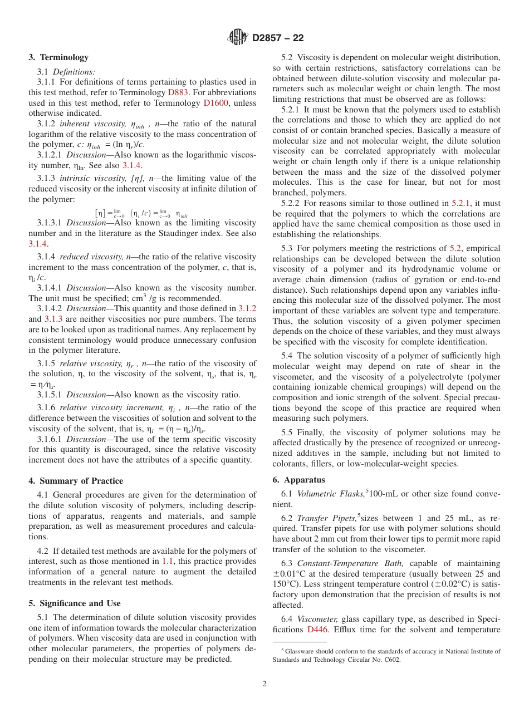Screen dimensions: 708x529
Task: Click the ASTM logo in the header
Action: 238,38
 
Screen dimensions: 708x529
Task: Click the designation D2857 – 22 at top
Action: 278,38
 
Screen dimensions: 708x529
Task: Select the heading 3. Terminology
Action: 58,57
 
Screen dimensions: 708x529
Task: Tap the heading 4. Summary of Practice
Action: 76,481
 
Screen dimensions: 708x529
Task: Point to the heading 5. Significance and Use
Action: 75,603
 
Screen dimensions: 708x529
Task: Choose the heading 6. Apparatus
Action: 298,480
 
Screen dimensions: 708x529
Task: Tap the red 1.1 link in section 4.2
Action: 168,562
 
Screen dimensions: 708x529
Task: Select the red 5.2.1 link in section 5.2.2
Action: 461,203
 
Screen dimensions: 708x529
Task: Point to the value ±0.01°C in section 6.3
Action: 291,574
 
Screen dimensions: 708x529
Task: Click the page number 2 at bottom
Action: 264,684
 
